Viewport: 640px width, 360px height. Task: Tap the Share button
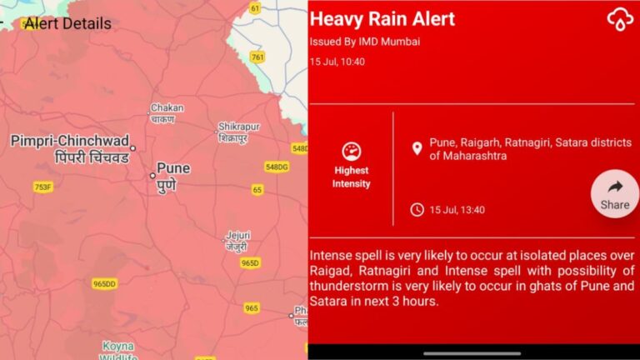point(615,193)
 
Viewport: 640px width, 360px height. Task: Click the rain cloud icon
point(620,19)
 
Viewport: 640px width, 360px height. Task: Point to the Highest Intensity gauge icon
point(351,152)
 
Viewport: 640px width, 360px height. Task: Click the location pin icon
point(417,148)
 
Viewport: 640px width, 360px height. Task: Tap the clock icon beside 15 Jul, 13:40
point(417,209)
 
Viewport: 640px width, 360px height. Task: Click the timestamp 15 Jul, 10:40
point(337,62)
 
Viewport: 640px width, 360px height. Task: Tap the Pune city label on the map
point(172,168)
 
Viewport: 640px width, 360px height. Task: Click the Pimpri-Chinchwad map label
point(70,142)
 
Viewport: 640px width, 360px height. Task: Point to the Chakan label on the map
point(167,108)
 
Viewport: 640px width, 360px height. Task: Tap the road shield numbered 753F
point(42,187)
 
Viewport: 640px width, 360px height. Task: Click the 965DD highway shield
point(105,283)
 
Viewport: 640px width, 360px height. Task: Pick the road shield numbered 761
point(257,57)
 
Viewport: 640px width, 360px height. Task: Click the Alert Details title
point(67,23)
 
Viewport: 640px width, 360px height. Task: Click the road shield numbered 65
point(257,190)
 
